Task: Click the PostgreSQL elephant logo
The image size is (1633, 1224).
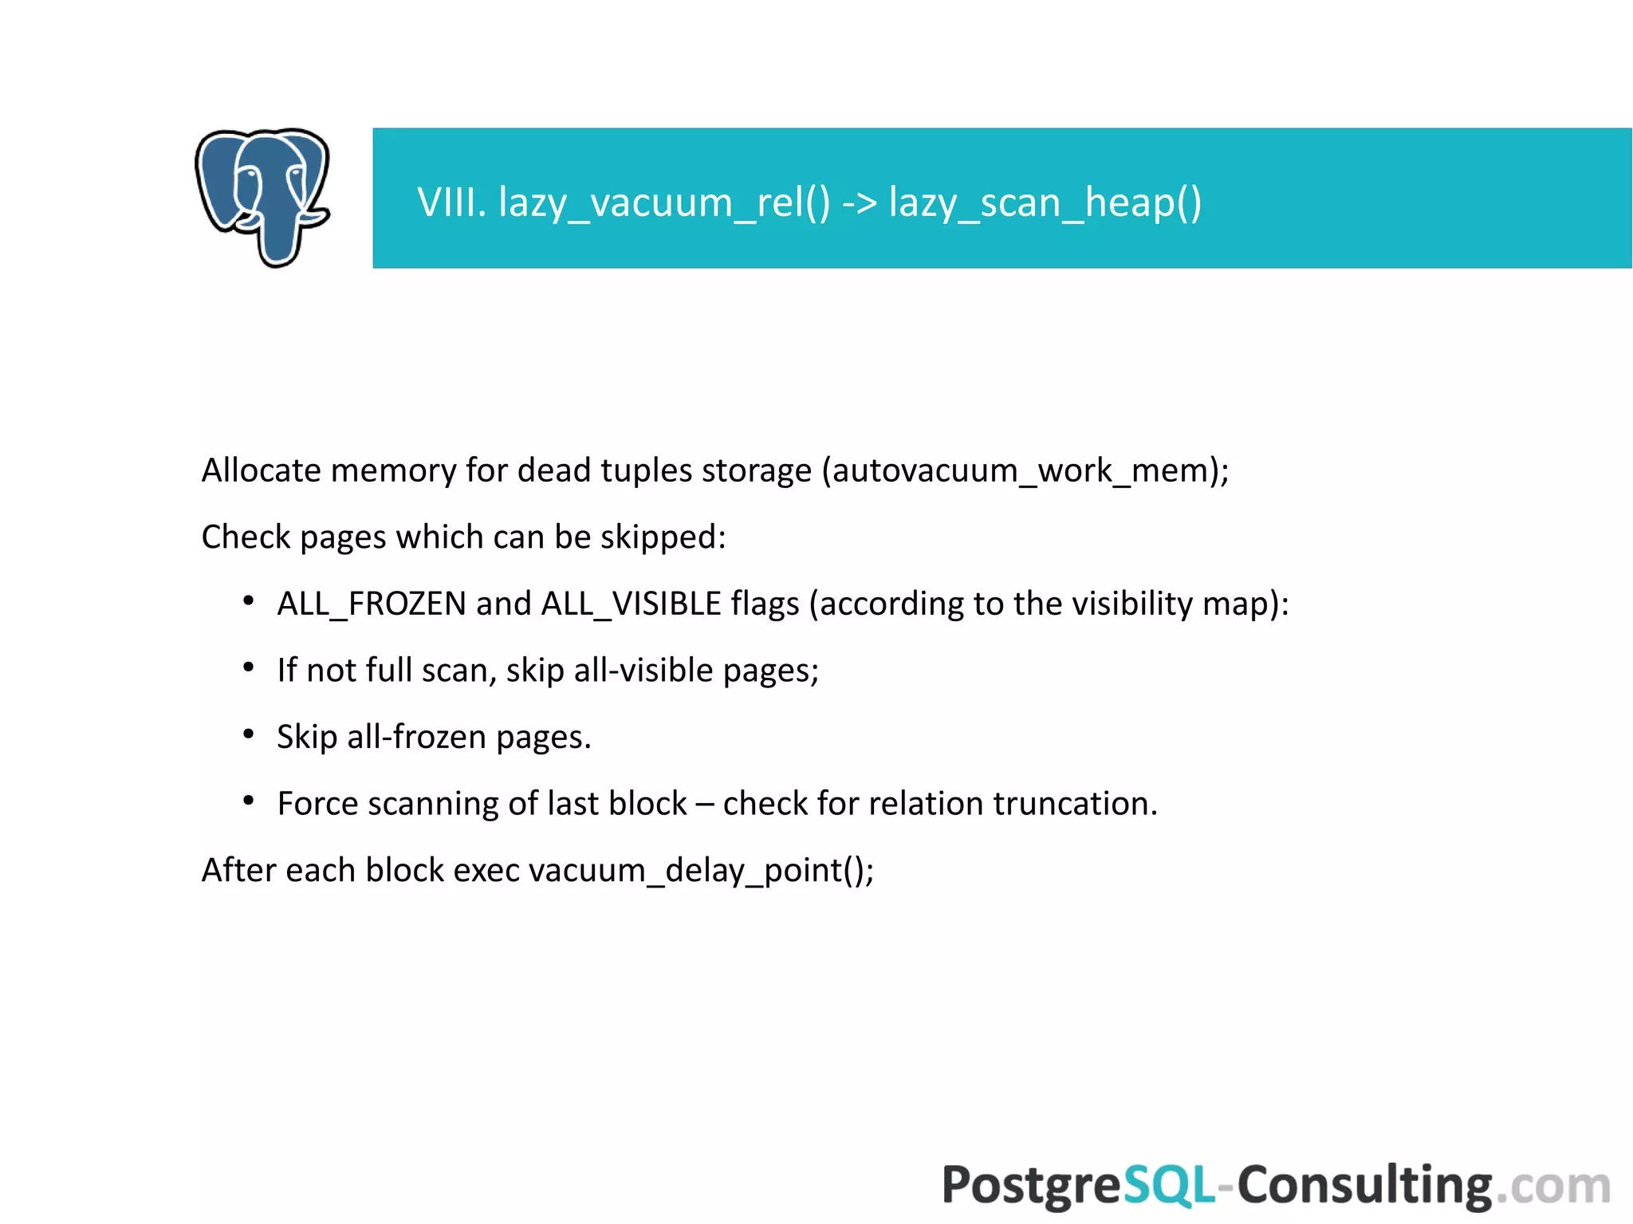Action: [x=262, y=197]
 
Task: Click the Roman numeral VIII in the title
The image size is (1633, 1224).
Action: [x=451, y=202]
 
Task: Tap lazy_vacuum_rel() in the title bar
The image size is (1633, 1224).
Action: [x=663, y=203]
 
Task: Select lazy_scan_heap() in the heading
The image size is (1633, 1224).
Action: [x=1045, y=203]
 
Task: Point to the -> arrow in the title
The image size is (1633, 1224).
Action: [x=860, y=203]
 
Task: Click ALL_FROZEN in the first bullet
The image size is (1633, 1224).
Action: [x=372, y=604]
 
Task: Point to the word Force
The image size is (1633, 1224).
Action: [x=317, y=803]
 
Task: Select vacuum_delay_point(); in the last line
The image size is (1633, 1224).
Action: [x=701, y=870]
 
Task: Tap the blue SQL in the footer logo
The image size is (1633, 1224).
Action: [x=1170, y=1185]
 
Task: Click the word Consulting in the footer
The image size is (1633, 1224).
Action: [x=1364, y=1185]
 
